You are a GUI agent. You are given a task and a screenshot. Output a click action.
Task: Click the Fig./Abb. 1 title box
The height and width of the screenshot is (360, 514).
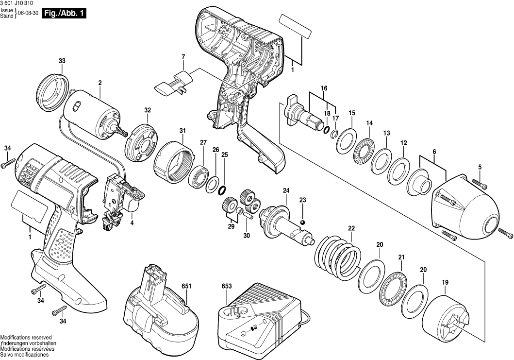(64, 14)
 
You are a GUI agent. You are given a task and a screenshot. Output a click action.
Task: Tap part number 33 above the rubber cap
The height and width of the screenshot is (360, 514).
(62, 61)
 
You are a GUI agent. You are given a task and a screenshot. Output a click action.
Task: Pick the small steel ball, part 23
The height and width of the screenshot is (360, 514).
(302, 223)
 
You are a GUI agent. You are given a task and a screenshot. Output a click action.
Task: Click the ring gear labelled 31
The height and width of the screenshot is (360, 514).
(174, 160)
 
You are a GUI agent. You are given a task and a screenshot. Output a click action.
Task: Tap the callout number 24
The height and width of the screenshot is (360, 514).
(286, 190)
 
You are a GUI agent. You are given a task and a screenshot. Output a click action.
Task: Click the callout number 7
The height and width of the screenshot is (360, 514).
(183, 57)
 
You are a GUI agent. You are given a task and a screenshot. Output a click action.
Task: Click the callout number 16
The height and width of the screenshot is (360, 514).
(324, 88)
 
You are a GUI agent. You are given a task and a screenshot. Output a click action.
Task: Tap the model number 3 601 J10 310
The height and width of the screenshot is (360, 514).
(17, 3)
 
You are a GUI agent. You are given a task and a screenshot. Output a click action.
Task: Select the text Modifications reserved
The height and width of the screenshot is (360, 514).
(26, 337)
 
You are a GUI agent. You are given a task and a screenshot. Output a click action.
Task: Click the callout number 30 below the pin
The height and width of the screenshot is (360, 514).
(247, 236)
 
